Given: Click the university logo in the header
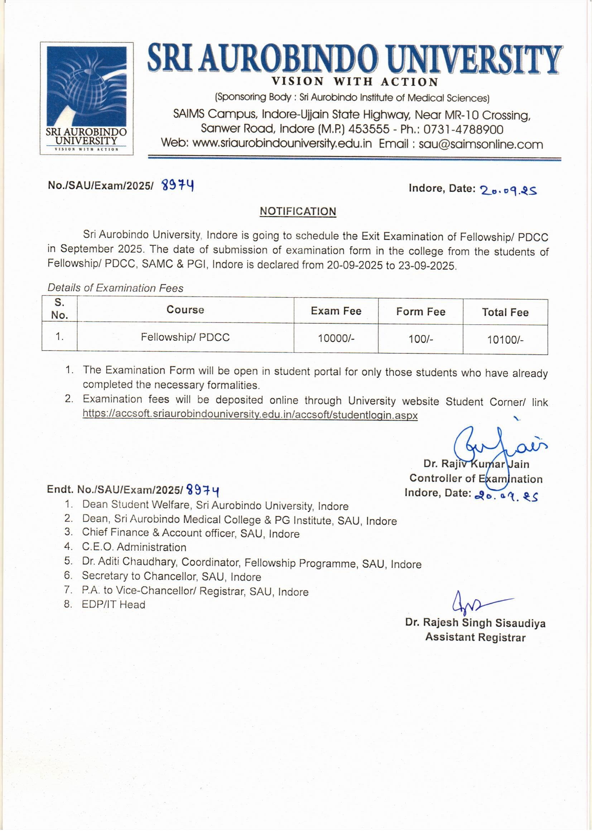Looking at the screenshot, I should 86,98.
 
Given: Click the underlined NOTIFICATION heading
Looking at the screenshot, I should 298,212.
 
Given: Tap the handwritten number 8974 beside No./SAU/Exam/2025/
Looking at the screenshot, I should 178,186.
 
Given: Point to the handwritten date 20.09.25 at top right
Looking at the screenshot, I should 508,190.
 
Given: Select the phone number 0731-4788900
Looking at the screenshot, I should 463,129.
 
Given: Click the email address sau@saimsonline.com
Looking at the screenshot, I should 480,144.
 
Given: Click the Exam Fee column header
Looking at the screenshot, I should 336,311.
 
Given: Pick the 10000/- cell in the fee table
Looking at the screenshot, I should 336,338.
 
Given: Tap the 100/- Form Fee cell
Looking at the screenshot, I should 420,339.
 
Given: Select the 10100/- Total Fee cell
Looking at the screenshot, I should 505,340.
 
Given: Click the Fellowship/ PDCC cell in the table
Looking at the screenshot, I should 185,337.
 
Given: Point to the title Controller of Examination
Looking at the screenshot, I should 476,479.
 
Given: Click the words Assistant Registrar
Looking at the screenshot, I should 475,637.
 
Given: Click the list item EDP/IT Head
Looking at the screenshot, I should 113,604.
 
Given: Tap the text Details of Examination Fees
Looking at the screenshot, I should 115,288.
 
